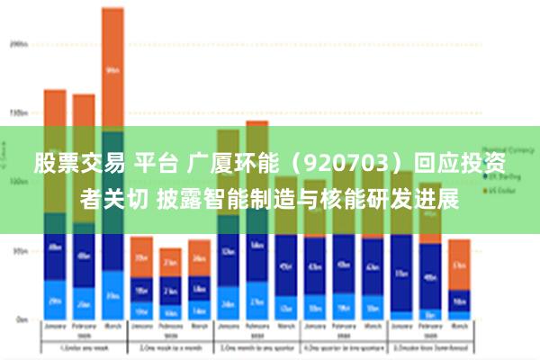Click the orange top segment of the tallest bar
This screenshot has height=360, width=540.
pos(112,69)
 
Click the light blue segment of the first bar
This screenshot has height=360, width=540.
pos(55,300)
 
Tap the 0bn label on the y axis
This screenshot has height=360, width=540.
pos(19,319)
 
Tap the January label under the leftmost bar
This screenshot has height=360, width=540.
pos(55,329)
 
